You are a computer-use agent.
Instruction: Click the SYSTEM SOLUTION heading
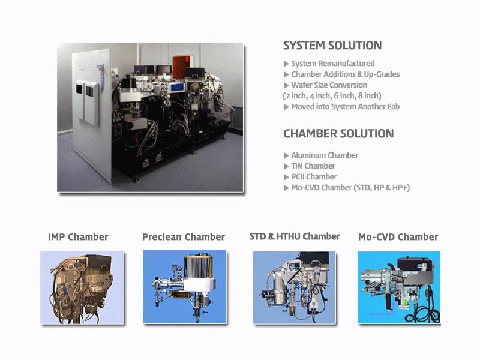point(332,46)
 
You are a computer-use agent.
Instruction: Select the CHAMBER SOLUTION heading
point(338,133)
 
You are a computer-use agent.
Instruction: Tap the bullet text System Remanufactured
point(333,64)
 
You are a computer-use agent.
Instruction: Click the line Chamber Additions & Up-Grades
point(346,74)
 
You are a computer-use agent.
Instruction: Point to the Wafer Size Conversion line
point(329,85)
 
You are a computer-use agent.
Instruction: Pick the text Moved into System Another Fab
point(346,107)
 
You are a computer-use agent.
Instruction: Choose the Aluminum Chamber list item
point(325,155)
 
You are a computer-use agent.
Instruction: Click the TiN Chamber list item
point(313,166)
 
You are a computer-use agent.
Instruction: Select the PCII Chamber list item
point(314,176)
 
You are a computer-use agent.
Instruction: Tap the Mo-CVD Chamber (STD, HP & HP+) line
point(350,188)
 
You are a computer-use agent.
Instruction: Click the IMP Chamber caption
point(78,237)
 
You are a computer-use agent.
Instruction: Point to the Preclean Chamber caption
point(184,237)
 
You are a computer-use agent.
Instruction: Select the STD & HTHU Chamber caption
point(295,236)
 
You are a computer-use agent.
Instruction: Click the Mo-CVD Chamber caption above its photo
point(398,237)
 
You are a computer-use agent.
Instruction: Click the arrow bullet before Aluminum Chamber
point(286,155)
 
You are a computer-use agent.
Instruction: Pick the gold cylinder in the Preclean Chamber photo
point(198,266)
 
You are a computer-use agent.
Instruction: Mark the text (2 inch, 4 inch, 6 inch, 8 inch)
point(332,96)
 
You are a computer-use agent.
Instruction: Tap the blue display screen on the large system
point(177,88)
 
